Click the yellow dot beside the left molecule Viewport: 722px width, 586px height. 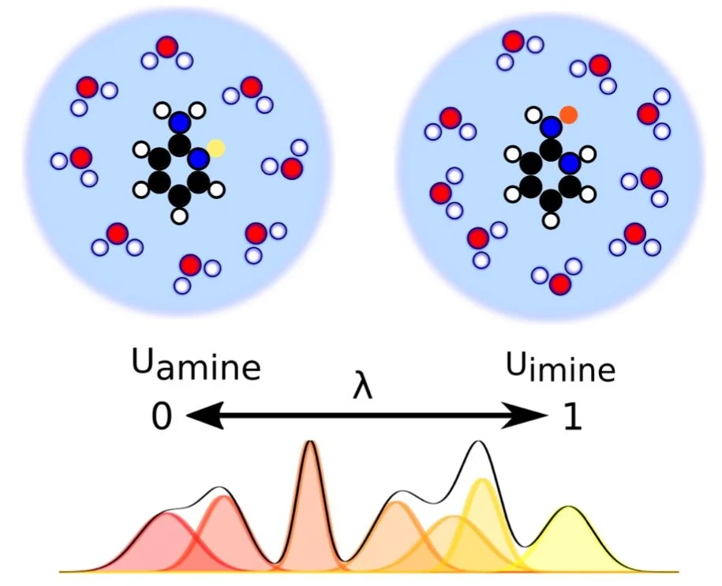(216, 148)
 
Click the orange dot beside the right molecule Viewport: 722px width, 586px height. (568, 115)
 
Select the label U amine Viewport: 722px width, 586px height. (196, 365)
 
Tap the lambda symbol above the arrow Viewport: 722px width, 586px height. (362, 388)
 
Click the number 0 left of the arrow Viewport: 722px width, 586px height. (162, 416)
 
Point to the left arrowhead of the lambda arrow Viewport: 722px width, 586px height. (205, 416)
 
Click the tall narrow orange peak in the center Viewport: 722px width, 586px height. (311, 507)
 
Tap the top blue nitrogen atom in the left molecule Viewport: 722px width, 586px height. (180, 122)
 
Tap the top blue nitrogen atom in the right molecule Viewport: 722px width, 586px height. (551, 126)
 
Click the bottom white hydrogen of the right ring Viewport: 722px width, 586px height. (550, 220)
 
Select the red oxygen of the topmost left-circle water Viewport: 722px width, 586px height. (166, 47)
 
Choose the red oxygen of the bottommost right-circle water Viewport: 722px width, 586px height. (560, 284)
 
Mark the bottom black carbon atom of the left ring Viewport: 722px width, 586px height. (180, 196)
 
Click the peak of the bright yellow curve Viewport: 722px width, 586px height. (482, 480)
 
